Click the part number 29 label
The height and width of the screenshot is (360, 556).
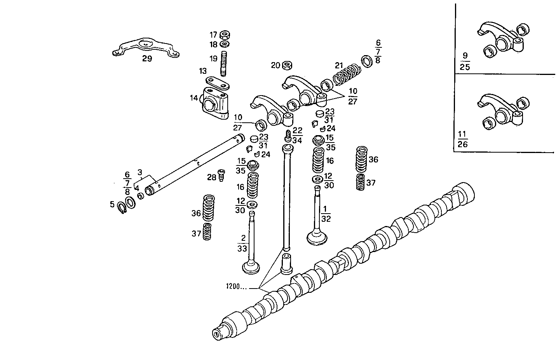click(x=147, y=59)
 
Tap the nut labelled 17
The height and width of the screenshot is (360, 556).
click(x=224, y=35)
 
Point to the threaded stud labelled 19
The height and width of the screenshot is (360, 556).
click(x=224, y=63)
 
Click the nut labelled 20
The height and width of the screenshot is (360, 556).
click(x=287, y=65)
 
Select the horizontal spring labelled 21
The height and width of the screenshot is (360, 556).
click(x=347, y=73)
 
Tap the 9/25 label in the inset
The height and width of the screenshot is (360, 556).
click(x=465, y=61)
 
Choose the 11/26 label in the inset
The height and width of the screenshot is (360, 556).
click(x=462, y=139)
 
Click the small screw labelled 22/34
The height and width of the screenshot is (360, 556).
click(x=288, y=136)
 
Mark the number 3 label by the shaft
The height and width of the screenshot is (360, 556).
click(x=140, y=172)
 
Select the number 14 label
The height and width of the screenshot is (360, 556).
click(x=194, y=98)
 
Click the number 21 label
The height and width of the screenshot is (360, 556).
click(x=340, y=65)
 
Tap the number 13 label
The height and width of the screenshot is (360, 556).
click(x=203, y=71)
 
